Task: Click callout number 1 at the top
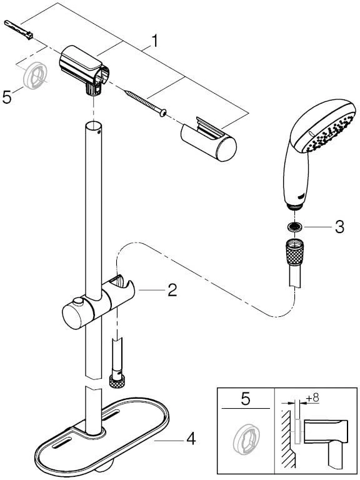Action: (155, 41)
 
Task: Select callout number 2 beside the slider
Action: (172, 289)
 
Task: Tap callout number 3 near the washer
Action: (339, 227)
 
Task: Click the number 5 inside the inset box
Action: (246, 400)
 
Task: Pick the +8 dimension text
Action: (312, 398)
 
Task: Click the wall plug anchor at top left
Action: (19, 30)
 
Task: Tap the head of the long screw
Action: (163, 113)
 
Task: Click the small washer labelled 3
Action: (296, 227)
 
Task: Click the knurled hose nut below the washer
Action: (295, 251)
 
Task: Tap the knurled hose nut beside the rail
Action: (117, 381)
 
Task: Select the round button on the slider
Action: (79, 301)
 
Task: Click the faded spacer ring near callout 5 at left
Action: (35, 75)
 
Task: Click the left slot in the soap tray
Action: (62, 442)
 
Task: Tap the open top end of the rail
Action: (93, 126)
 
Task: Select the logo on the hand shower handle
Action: (301, 194)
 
